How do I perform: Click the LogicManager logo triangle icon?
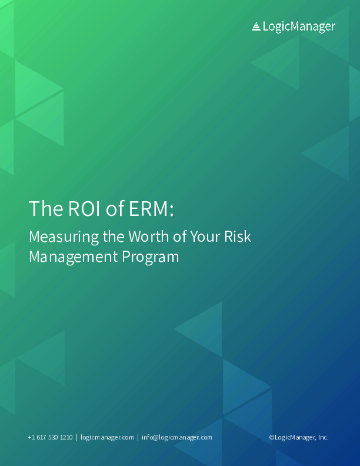[x=256, y=26]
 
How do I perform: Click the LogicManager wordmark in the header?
[x=299, y=26]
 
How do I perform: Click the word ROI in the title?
[x=76, y=208]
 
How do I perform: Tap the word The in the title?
[x=42, y=208]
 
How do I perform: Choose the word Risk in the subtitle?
[x=237, y=237]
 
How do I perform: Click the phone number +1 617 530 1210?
[x=50, y=437]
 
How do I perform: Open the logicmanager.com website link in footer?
[x=107, y=437]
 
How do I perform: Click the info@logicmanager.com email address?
[x=176, y=437]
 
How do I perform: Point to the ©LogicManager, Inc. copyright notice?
[x=299, y=437]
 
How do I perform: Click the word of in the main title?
[x=111, y=208]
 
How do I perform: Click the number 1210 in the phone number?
[x=66, y=437]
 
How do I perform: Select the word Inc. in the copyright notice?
[x=323, y=437]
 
